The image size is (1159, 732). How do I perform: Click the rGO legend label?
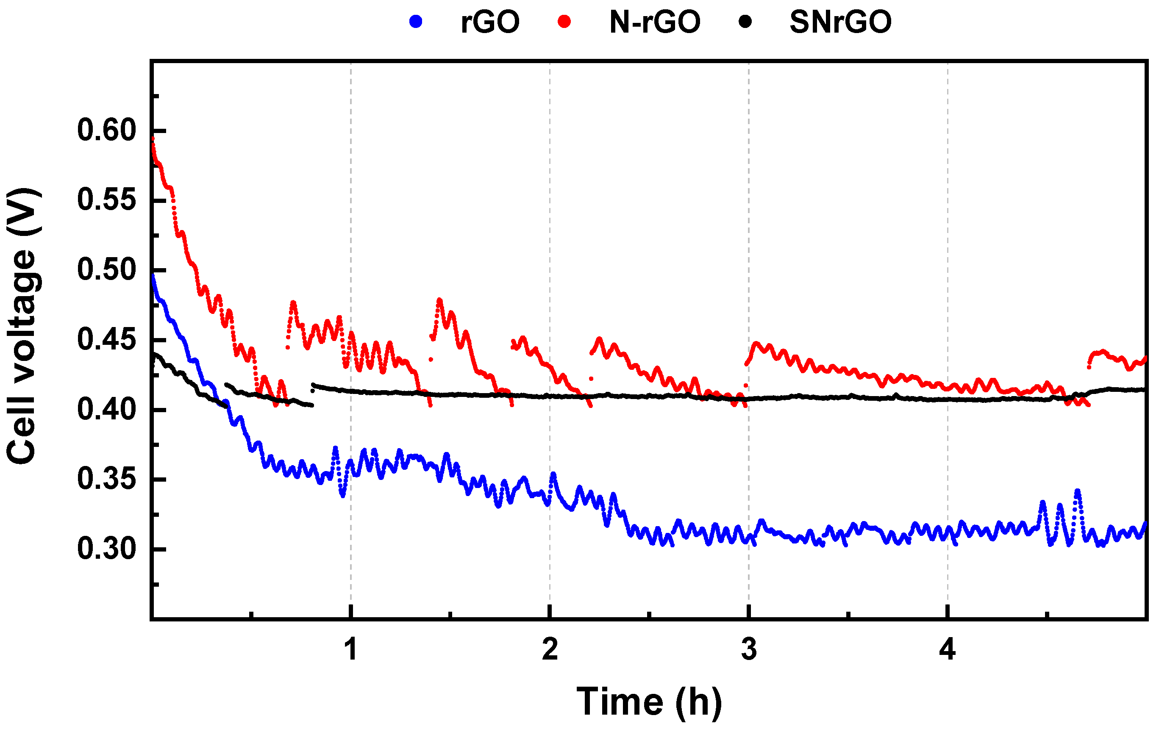point(490,22)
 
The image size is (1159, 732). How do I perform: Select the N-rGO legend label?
point(655,22)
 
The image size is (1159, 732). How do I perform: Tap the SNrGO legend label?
point(840,22)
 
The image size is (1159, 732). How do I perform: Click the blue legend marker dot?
point(415,22)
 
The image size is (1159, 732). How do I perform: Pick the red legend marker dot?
point(564,22)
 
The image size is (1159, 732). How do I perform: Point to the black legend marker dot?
point(745,22)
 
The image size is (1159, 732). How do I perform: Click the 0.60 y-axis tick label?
point(107,130)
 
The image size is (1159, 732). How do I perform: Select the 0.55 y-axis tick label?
point(107,200)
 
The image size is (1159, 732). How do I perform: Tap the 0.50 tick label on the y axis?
point(107,270)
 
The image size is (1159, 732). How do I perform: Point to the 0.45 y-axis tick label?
point(107,340)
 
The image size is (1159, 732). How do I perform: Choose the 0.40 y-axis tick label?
point(107,410)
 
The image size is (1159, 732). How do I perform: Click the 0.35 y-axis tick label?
point(107,480)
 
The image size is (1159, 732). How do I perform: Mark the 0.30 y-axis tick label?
point(107,549)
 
